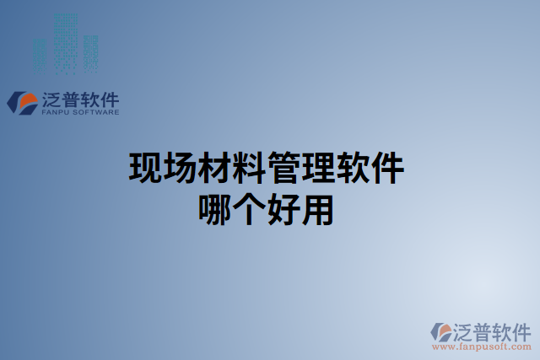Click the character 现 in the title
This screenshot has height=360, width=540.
tap(145, 168)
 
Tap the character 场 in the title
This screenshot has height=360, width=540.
tap(180, 168)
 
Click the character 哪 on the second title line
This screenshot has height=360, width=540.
tap(214, 209)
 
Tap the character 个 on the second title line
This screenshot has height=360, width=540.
tap(249, 209)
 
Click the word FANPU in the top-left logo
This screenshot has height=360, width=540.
tap(57, 111)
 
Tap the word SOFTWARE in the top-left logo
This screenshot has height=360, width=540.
tap(96, 111)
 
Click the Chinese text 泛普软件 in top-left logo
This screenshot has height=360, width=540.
tap(79, 98)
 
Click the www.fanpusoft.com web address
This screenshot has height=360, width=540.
tap(481, 346)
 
